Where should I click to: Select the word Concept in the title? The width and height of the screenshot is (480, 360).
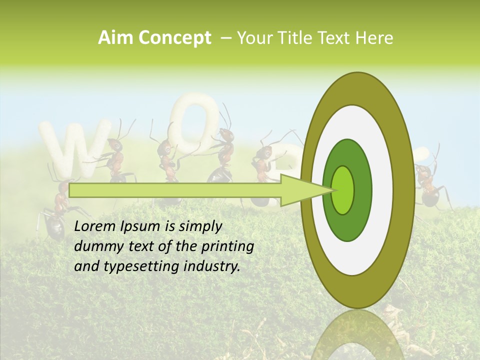click(x=174, y=38)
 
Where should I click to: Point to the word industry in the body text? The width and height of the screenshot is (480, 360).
click(x=210, y=266)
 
